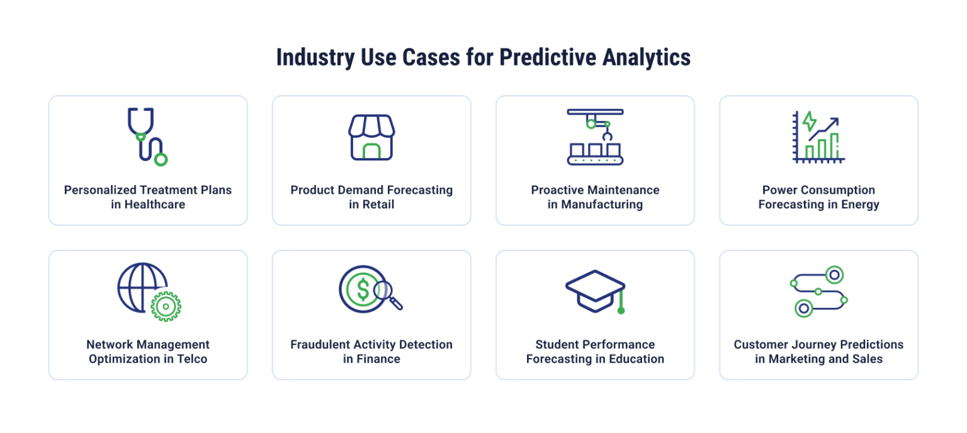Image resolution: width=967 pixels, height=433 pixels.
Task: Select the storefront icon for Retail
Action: coord(371,137)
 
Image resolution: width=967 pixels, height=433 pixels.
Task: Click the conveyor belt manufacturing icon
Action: coord(595,137)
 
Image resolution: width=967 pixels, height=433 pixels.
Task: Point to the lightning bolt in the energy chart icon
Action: coord(809,121)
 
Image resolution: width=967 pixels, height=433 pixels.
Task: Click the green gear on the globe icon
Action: coord(166,306)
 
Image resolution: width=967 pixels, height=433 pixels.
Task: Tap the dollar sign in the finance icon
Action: coord(363,289)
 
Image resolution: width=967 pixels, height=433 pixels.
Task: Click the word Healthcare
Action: coord(155,205)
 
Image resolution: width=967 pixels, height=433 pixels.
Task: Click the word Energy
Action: coord(861,205)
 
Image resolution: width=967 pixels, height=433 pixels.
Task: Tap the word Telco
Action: coord(191,359)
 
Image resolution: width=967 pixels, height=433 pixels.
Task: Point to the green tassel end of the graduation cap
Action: coord(621,310)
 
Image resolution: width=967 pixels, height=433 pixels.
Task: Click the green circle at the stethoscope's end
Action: coord(161,159)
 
